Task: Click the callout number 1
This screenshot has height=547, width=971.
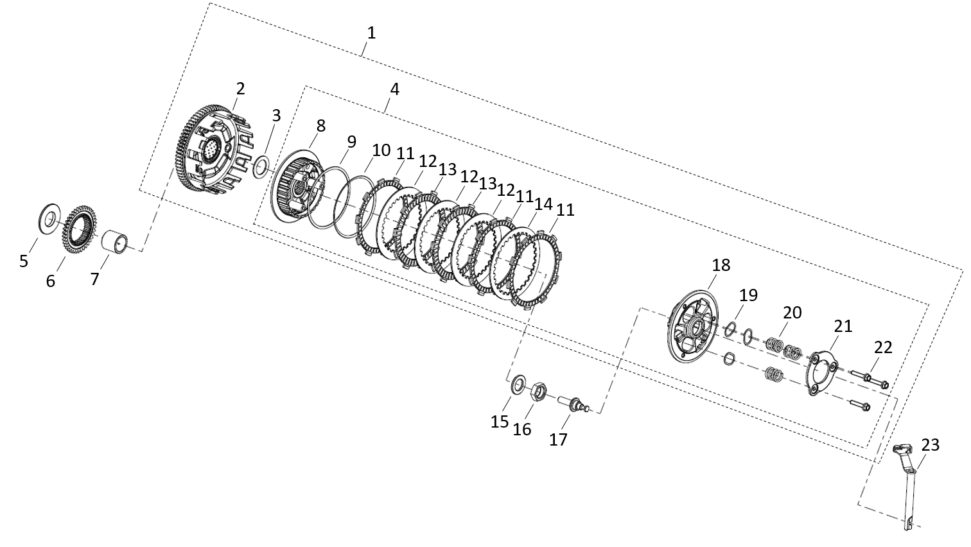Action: pos(371,33)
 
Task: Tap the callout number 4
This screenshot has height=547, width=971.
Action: pos(394,89)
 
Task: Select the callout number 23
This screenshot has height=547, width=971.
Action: pos(931,445)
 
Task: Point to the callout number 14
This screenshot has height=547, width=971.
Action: pos(543,205)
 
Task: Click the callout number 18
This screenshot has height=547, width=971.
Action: pos(721,265)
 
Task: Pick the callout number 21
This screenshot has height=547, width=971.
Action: pos(843,326)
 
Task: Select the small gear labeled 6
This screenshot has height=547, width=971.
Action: pos(80,230)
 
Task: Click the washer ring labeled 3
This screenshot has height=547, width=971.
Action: pos(261,169)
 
